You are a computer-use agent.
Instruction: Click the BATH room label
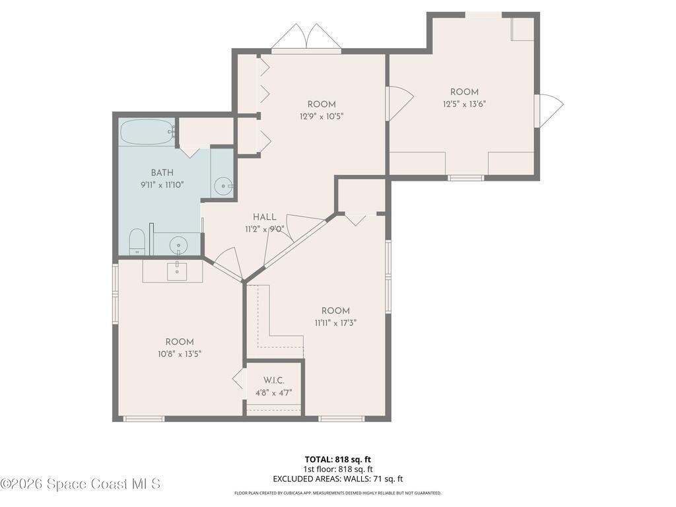(162, 173)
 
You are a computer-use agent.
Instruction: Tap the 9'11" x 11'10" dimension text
(162, 185)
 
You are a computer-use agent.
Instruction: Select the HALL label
(264, 217)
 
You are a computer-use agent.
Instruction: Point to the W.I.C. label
(274, 380)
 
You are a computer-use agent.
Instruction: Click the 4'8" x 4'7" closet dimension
(274, 392)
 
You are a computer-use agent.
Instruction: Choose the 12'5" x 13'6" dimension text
(464, 104)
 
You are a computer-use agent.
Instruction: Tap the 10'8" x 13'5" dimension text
(179, 353)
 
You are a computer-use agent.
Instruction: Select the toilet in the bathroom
(137, 242)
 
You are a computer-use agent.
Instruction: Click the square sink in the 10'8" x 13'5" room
(177, 271)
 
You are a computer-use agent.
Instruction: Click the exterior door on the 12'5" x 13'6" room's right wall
(550, 110)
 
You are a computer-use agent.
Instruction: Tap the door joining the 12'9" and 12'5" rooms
(399, 103)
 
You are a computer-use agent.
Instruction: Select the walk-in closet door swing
(238, 380)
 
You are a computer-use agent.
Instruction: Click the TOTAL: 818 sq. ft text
(337, 459)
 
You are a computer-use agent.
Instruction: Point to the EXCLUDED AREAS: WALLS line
(337, 479)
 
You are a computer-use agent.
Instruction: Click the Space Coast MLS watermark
(80, 484)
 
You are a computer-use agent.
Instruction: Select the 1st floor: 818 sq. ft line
(337, 469)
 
